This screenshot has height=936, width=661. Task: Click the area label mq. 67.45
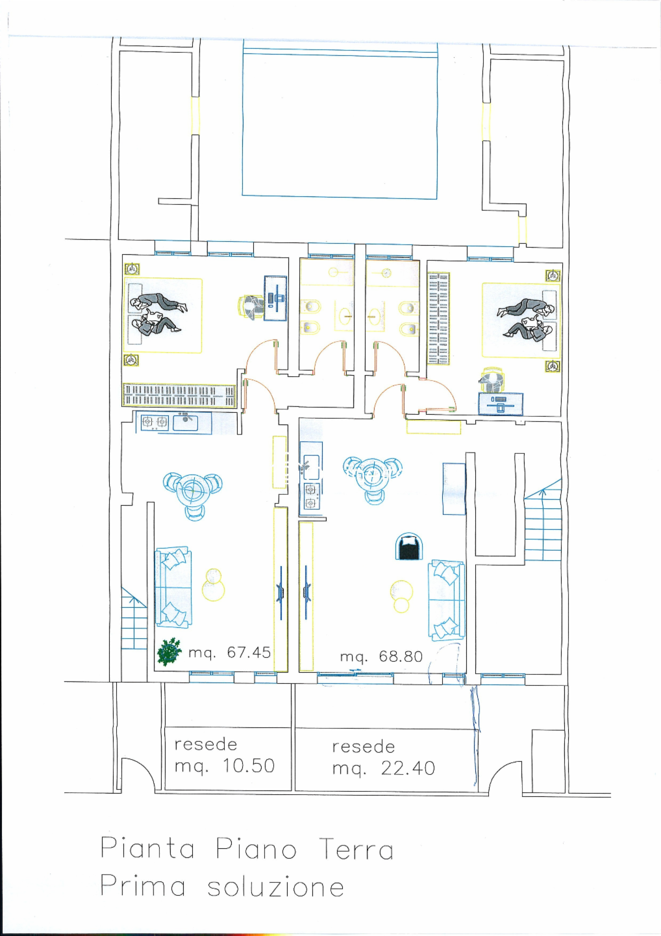coord(229,653)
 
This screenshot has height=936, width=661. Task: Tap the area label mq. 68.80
coord(381,657)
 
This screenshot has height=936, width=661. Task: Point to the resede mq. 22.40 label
coord(384,758)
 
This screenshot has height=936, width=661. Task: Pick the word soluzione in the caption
coord(276,887)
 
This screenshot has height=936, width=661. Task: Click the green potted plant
coord(169,651)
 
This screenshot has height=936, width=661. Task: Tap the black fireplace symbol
coord(409,546)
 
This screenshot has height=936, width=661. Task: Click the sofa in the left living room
coord(173,587)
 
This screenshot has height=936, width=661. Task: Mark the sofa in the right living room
coord(446,601)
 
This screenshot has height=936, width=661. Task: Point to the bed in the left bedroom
coord(163,315)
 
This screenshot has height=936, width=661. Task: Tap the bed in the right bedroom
coord(521,320)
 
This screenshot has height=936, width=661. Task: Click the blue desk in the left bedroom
coord(275,298)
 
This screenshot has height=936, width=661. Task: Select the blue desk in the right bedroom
coord(501,404)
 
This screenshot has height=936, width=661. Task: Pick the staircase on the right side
coord(543,521)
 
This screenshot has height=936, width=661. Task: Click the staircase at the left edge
coord(134,618)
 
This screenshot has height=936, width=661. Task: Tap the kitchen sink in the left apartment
coord(186,422)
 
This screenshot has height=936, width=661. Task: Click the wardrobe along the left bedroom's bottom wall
coord(179,395)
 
